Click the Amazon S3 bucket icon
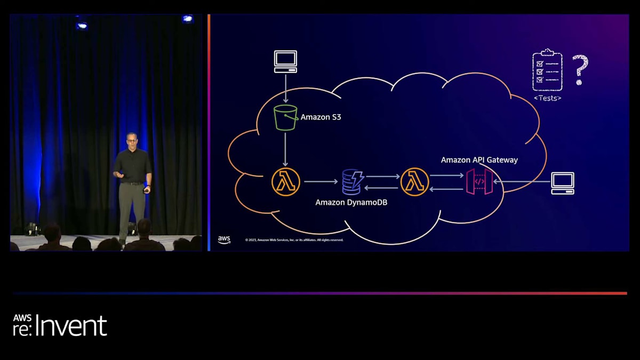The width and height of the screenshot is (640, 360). click(285, 117)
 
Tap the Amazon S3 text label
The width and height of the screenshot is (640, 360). click(321, 117)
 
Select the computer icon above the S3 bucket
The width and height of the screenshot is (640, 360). click(285, 61)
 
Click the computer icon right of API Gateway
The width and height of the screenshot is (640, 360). click(563, 183)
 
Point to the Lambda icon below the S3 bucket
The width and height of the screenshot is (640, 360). click(285, 182)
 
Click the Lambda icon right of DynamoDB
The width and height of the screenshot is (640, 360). click(414, 182)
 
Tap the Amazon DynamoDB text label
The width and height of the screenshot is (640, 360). click(351, 203)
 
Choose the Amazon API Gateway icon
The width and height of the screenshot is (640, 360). click(479, 181)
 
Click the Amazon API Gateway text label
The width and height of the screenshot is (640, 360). click(479, 160)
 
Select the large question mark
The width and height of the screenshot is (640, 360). click(580, 70)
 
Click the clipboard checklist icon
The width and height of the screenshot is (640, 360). click(547, 70)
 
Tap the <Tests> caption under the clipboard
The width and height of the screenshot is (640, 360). click(547, 98)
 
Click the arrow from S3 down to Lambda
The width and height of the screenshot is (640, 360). click(285, 149)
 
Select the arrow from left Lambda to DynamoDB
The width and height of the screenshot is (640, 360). click(321, 182)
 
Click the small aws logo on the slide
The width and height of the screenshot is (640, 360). click(224, 240)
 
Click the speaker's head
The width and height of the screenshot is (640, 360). click(131, 140)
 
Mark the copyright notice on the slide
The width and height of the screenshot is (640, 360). click(294, 240)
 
